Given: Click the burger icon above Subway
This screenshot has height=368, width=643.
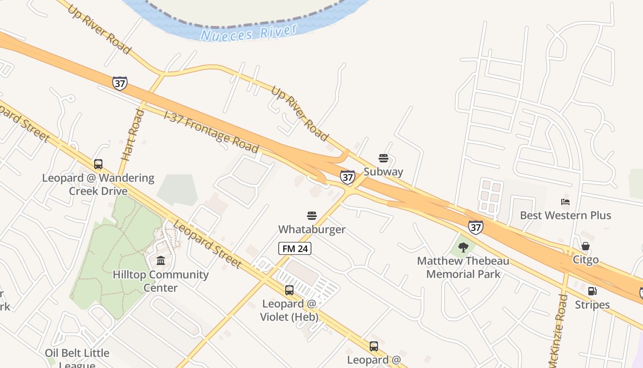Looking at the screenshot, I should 384,159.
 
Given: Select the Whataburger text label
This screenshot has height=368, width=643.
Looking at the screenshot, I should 312,229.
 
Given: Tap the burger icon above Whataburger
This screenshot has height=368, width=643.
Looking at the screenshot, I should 312,216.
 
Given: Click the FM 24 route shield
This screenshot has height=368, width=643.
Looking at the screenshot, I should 295,249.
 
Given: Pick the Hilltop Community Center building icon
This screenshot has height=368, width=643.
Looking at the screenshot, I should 161,261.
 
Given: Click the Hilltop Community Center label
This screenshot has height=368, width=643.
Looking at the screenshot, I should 161,281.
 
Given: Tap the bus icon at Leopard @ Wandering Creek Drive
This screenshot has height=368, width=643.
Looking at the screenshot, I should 98,164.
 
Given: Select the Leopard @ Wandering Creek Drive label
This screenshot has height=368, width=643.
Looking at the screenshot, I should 98,184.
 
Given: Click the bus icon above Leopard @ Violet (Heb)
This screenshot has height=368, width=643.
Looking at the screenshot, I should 289,290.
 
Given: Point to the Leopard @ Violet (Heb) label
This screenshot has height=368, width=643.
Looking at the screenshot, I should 289,310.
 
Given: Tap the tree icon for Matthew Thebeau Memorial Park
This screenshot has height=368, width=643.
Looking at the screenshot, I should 463,247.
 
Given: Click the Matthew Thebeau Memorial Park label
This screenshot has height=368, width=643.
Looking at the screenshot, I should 463,268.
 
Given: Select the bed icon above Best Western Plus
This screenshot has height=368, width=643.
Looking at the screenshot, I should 565,202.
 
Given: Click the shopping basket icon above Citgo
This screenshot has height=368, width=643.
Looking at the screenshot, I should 586,246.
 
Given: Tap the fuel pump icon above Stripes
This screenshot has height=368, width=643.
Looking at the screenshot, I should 592,291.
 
